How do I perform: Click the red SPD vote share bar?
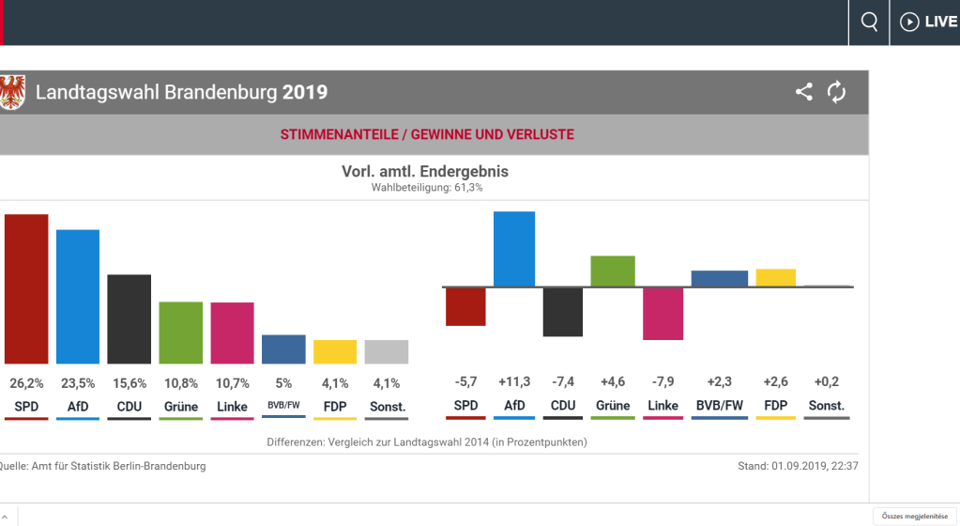coord(26,289)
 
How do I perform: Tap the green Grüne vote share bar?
coord(181,333)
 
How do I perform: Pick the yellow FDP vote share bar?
coord(335,352)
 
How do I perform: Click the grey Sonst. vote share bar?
coord(387,352)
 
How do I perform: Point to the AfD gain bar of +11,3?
coord(514,249)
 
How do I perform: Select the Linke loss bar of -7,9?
coord(663,314)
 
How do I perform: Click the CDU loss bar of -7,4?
coord(563,312)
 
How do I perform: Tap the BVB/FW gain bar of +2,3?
coord(720,278)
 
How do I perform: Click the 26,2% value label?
coord(26,383)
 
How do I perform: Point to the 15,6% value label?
coord(129,383)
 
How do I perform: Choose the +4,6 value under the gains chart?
coord(613,381)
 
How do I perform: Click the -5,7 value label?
coord(466,381)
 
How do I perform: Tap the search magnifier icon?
coord(870,22)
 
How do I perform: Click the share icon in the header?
coord(804,92)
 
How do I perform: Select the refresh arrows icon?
coord(836,92)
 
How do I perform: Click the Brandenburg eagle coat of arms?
coord(12,92)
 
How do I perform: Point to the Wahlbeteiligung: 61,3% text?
coord(427,188)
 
